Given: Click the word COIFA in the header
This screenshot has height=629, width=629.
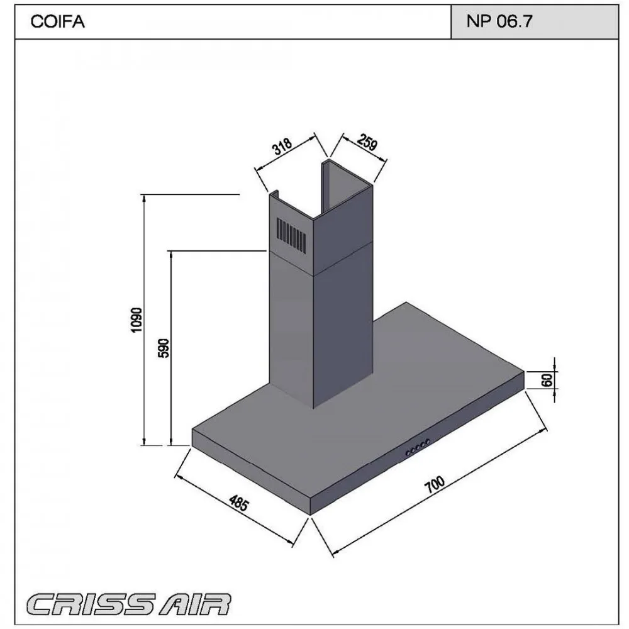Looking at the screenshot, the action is pyautogui.click(x=57, y=21).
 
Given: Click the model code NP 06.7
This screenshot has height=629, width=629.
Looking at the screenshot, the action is pyautogui.click(x=499, y=21).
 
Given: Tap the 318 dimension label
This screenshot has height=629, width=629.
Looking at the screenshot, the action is pyautogui.click(x=282, y=146).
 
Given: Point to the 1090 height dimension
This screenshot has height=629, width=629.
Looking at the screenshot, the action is pyautogui.click(x=136, y=320).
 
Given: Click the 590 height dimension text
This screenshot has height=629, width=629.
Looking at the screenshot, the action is pyautogui.click(x=164, y=348).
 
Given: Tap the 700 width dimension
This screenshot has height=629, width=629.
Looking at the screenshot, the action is pyautogui.click(x=435, y=484).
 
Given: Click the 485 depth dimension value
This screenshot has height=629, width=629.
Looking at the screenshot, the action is pyautogui.click(x=239, y=503).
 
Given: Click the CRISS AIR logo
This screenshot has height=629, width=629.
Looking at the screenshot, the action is pyautogui.click(x=129, y=604).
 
